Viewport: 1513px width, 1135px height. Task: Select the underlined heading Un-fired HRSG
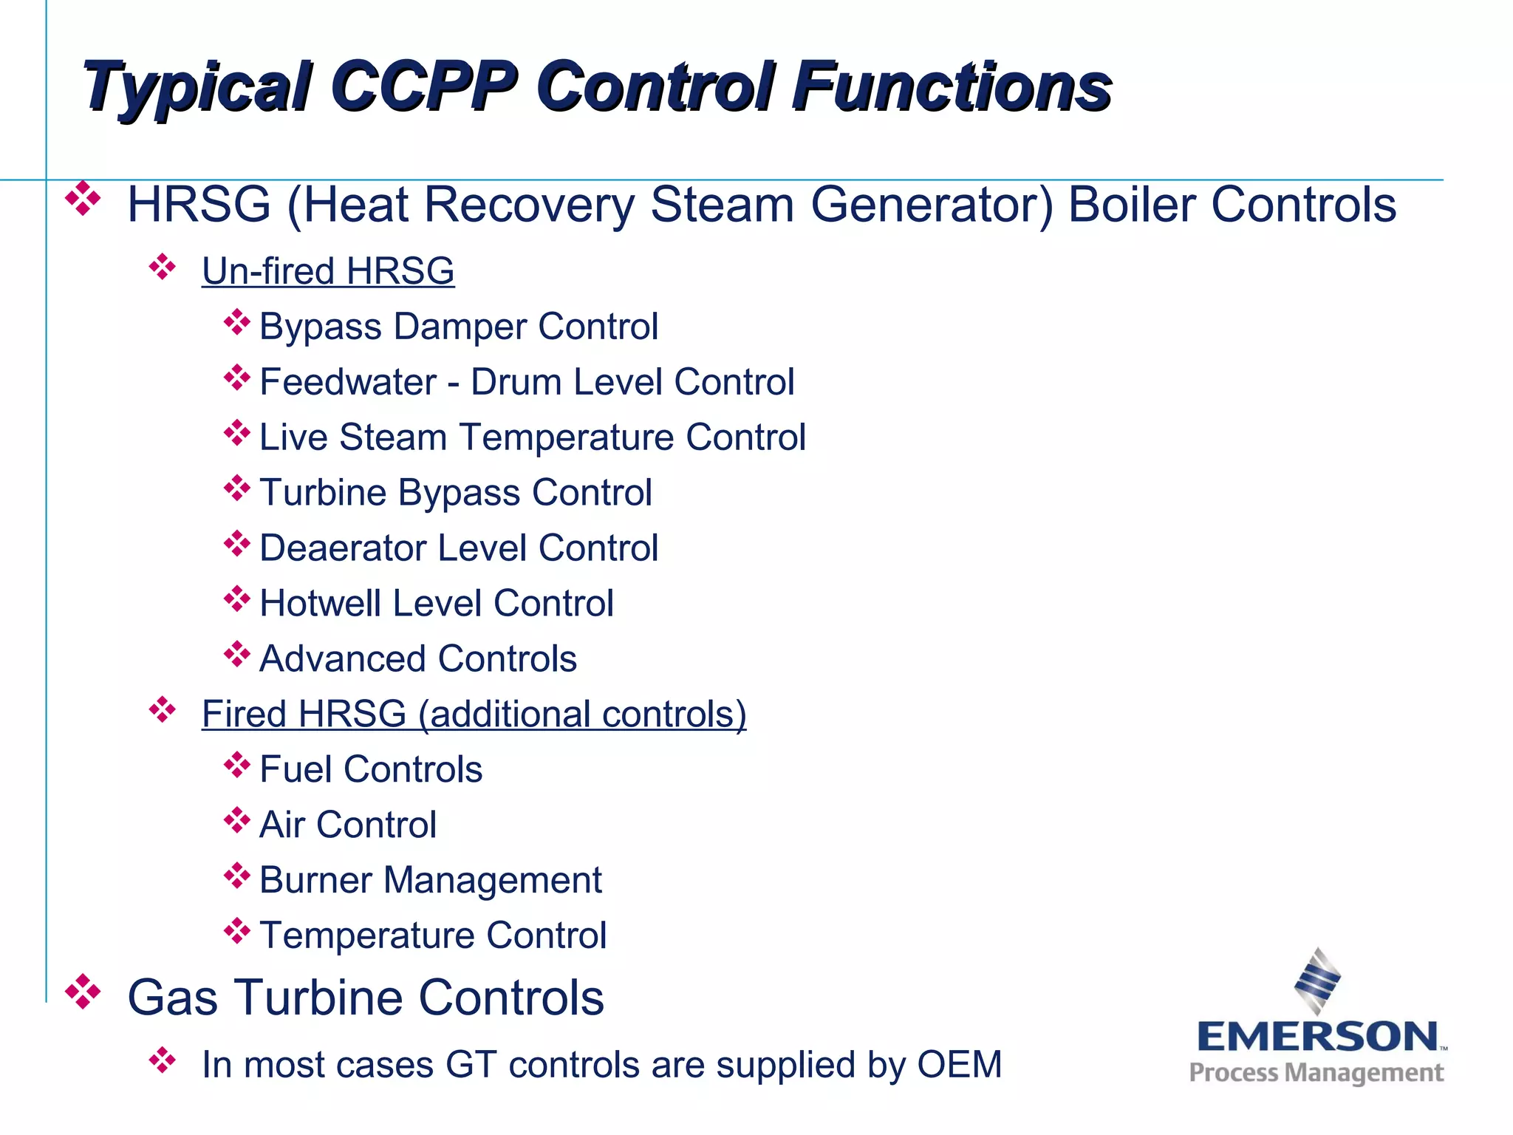[x=328, y=271]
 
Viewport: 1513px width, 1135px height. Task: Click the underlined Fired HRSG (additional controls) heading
[x=474, y=715]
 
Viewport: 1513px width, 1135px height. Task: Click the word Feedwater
[x=348, y=382]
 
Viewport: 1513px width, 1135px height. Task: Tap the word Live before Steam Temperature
[x=293, y=437]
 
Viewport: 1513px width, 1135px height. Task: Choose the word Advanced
[x=344, y=659]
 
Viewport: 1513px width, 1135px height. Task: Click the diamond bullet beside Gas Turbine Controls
[x=83, y=992]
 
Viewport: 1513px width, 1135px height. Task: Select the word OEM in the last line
[x=959, y=1065]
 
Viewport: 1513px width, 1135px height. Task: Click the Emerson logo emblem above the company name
[x=1317, y=981]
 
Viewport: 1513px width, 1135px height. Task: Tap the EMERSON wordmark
[x=1317, y=1037]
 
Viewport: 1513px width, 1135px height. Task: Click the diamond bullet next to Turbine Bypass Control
[x=236, y=488]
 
